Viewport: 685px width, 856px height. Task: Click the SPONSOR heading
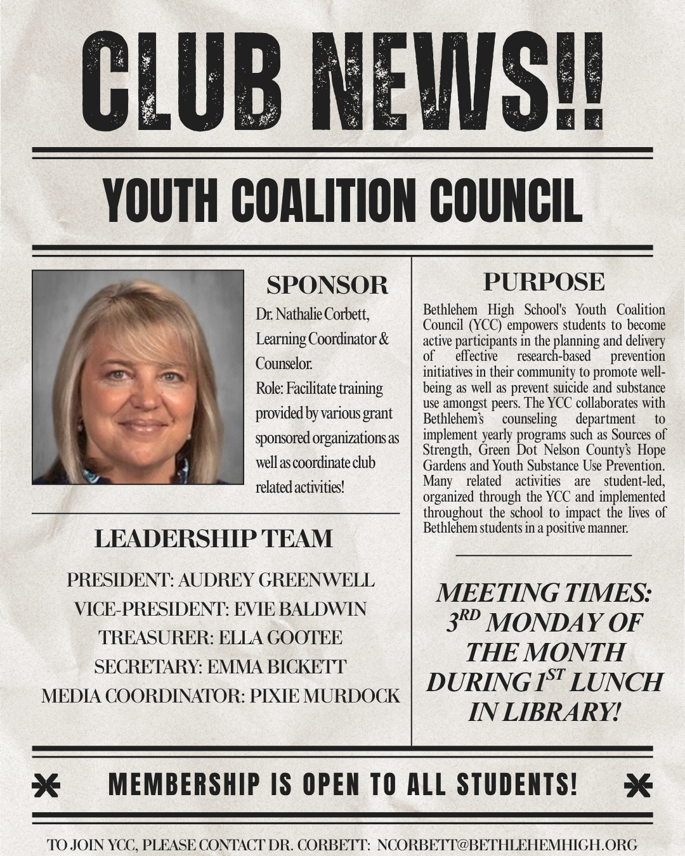[327, 285]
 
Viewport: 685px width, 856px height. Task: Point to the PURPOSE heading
[544, 282]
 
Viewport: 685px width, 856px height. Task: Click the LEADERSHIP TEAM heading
[213, 539]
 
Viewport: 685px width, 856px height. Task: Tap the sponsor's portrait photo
[138, 377]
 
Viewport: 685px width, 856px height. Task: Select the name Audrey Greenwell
[276, 580]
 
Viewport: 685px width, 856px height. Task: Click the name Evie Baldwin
[300, 609]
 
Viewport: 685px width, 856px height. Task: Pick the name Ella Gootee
[280, 638]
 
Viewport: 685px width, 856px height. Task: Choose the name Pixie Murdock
[325, 696]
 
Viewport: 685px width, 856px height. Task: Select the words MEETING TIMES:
[544, 593]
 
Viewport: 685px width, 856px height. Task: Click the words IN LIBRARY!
[544, 712]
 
